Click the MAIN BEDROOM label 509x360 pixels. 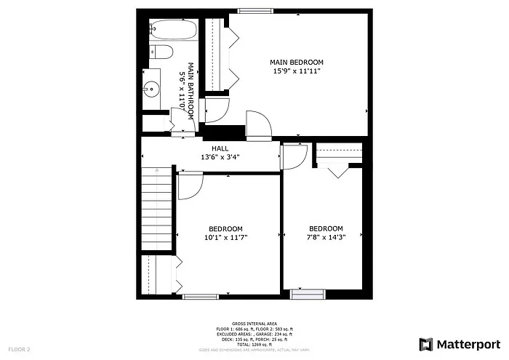pos(297,63)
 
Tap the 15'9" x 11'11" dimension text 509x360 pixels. pos(297,71)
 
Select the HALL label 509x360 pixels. pos(220,148)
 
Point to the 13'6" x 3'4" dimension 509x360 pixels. pos(220,157)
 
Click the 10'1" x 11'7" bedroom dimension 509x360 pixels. pos(225,237)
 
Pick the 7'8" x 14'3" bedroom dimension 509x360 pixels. pos(326,236)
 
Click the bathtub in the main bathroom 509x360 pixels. pos(173,31)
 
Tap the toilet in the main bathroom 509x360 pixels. pos(161,52)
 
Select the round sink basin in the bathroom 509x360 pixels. pos(151,90)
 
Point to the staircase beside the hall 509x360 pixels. pos(157,207)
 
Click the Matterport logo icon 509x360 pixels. pos(427,344)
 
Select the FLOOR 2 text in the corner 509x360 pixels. pos(20,349)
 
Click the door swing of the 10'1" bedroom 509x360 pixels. pos(190,185)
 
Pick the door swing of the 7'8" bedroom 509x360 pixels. pos(294,156)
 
